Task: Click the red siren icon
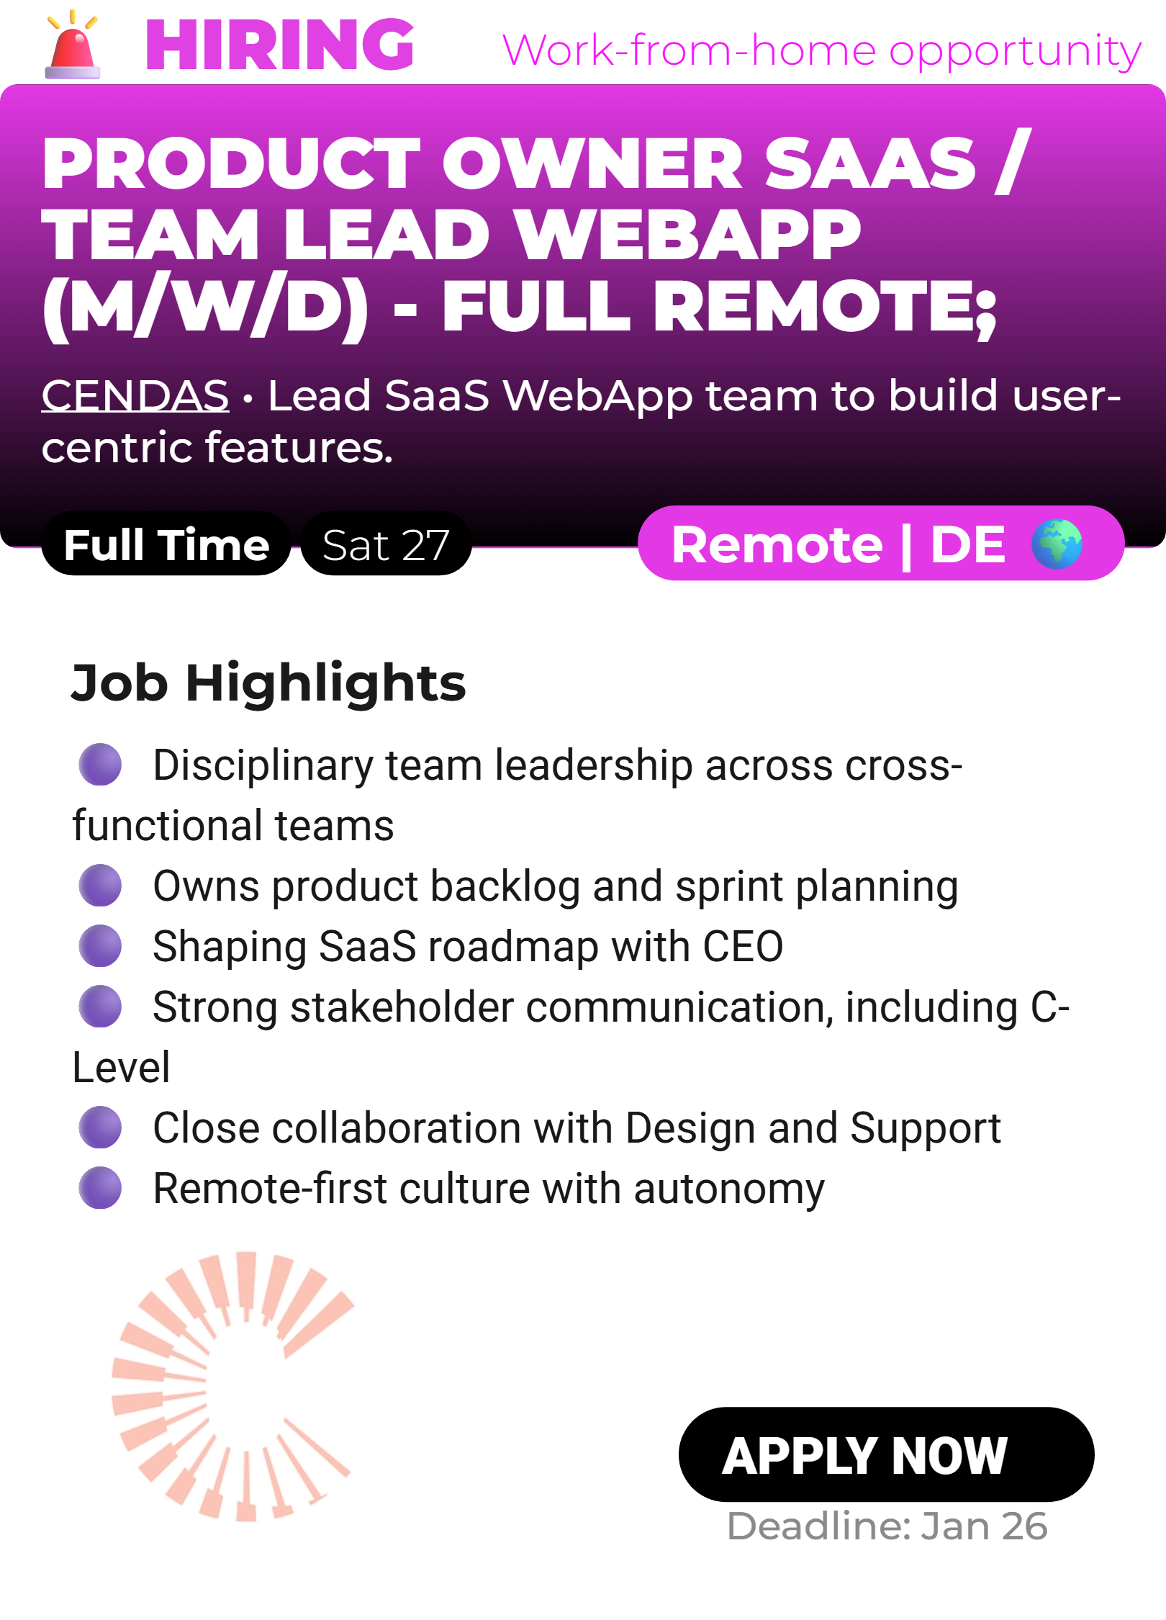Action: coord(72,45)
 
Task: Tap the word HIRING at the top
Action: coord(280,45)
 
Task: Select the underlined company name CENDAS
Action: coord(135,395)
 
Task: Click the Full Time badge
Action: coord(166,544)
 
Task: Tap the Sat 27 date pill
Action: coord(386,544)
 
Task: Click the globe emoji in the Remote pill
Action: coord(1056,544)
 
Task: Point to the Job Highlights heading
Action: coord(268,683)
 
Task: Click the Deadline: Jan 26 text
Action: coord(887,1526)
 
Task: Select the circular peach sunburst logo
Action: coord(232,1386)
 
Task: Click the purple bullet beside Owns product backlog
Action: coord(100,885)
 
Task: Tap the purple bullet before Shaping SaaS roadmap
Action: coord(100,945)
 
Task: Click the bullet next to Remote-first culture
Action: coord(100,1187)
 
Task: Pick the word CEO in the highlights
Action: coord(743,946)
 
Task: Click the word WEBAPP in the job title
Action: coord(689,235)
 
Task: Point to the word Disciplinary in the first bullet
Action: coord(263,765)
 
